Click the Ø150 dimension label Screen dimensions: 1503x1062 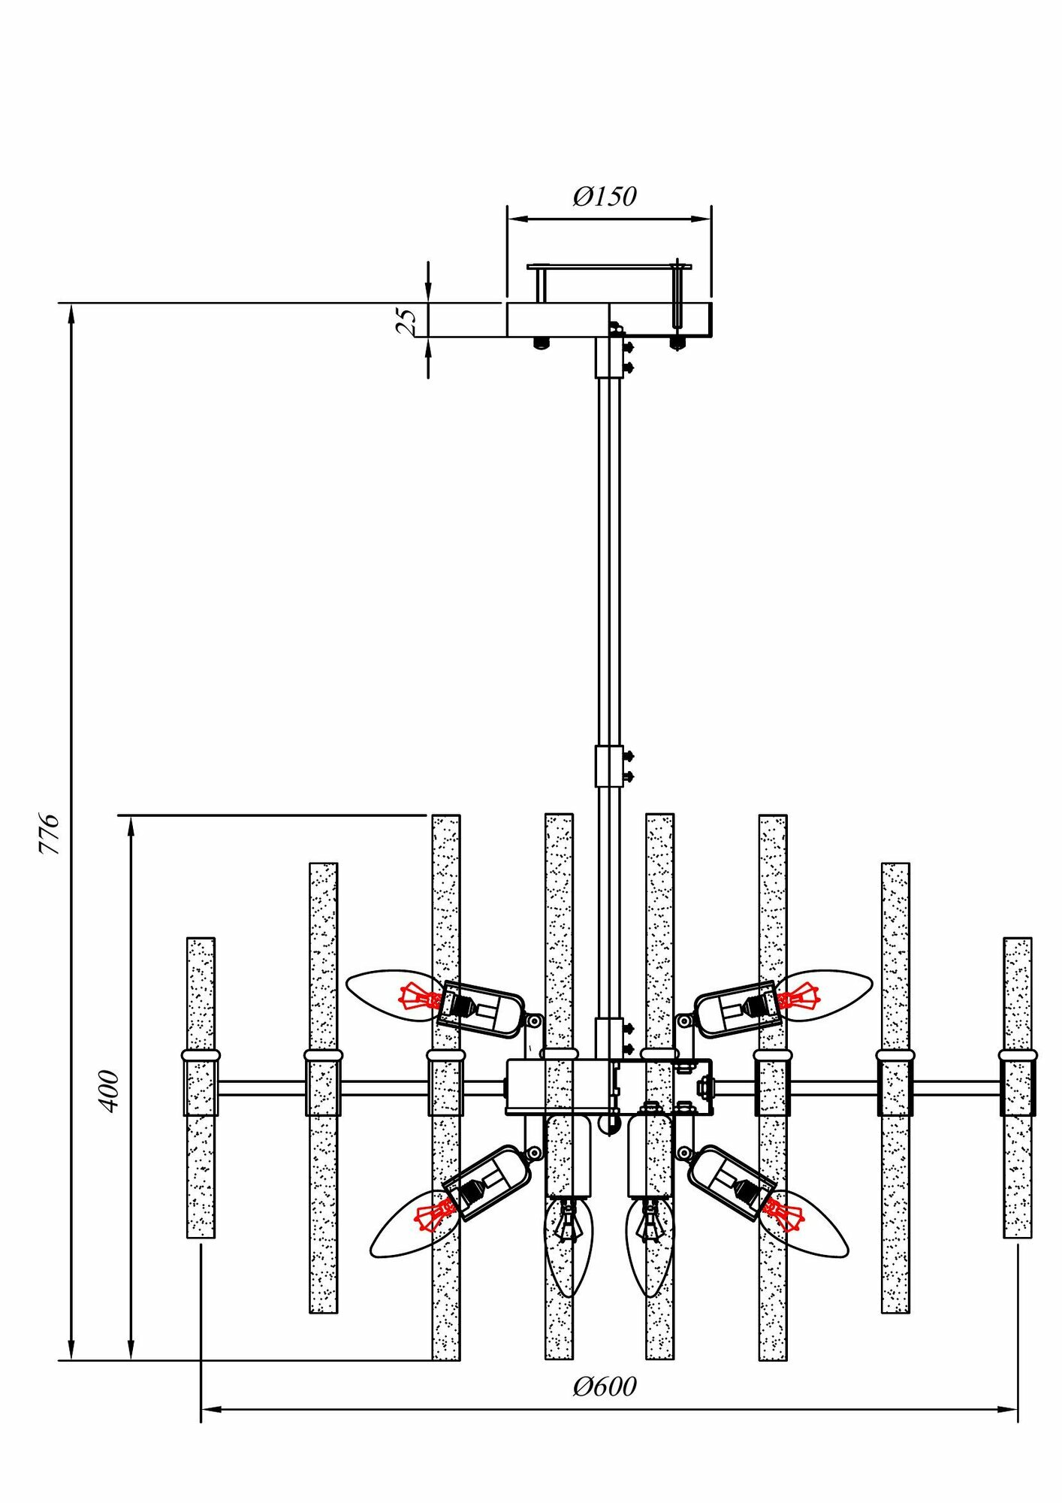click(x=605, y=196)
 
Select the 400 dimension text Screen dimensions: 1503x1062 click(x=110, y=1091)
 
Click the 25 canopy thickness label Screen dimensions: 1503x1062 click(x=406, y=320)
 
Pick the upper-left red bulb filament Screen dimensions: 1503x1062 click(x=421, y=997)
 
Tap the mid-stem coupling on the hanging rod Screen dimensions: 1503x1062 click(x=609, y=766)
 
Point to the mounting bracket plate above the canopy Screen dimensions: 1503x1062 click(x=608, y=266)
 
